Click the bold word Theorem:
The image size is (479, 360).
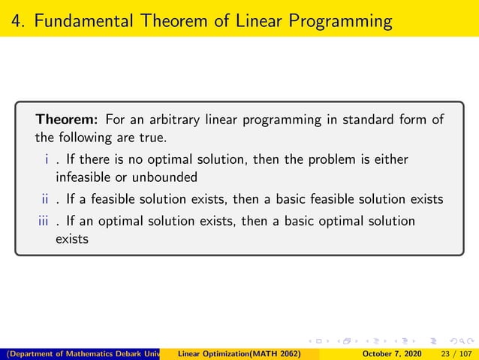(68, 119)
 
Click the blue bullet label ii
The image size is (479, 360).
(45, 200)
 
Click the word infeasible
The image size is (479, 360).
(83, 178)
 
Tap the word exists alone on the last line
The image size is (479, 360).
(72, 240)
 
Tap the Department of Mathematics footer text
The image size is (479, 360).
(83, 353)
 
